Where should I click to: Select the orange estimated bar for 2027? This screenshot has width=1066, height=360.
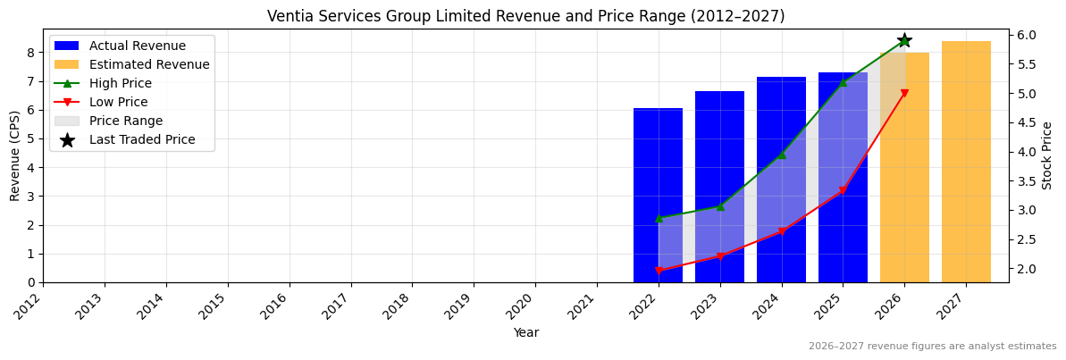966,162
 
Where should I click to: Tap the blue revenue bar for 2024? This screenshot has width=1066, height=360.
781,180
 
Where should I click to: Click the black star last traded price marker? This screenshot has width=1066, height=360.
904,40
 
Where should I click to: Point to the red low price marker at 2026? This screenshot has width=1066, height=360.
904,93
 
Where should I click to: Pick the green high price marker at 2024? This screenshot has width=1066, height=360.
781,155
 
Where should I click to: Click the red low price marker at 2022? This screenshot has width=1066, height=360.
659,271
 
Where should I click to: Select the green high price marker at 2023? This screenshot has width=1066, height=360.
720,206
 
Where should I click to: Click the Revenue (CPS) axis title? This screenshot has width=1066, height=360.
14,155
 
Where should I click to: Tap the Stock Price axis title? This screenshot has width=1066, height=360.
1048,155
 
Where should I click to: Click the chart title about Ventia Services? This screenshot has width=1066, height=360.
525,16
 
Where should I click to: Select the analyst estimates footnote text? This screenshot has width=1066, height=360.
932,347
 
